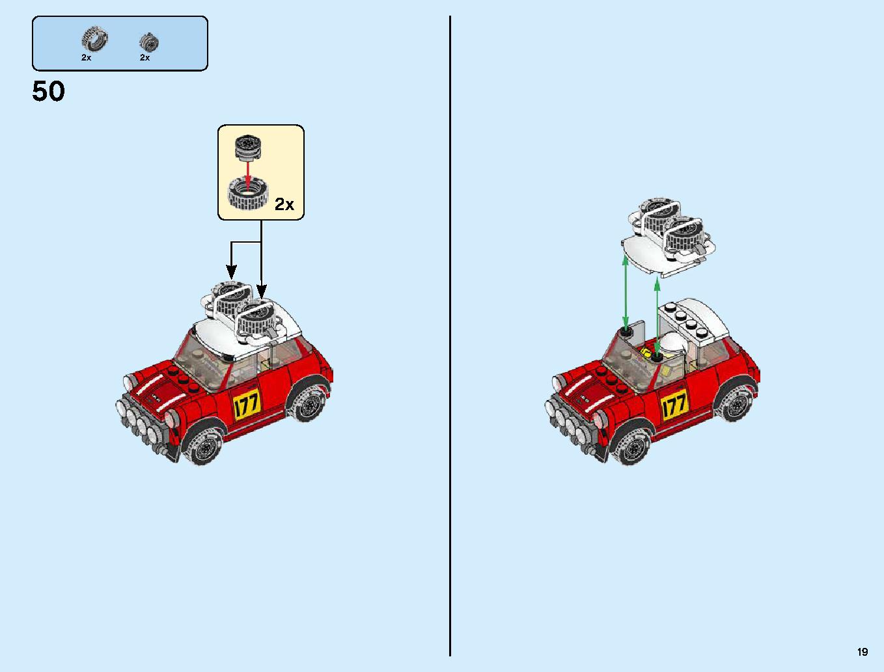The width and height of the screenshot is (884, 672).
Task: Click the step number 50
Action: point(48,91)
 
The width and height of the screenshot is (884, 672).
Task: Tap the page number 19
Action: point(863,651)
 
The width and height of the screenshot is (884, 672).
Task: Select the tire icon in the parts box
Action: point(94,39)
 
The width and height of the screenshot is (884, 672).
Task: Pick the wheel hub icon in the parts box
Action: point(149,42)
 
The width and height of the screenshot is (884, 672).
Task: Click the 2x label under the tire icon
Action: point(86,58)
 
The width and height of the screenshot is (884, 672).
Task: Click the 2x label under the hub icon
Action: point(145,58)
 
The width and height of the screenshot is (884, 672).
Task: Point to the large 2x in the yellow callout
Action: point(284,204)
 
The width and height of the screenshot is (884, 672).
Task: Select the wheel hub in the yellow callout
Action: point(247,148)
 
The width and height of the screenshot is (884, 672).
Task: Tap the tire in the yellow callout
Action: point(248,195)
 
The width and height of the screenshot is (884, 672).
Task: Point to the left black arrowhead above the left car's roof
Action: point(231,273)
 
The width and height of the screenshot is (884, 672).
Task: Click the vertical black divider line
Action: point(450,336)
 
